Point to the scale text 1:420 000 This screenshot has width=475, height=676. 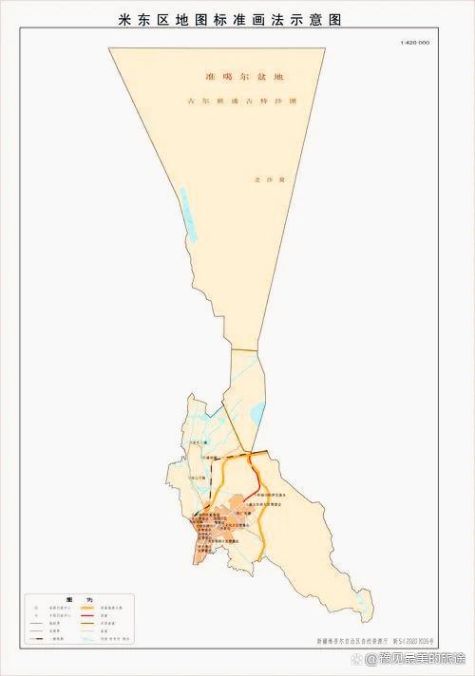click(414, 43)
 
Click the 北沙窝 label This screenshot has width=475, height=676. click(262, 178)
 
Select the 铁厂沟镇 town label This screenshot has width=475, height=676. click(256, 512)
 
